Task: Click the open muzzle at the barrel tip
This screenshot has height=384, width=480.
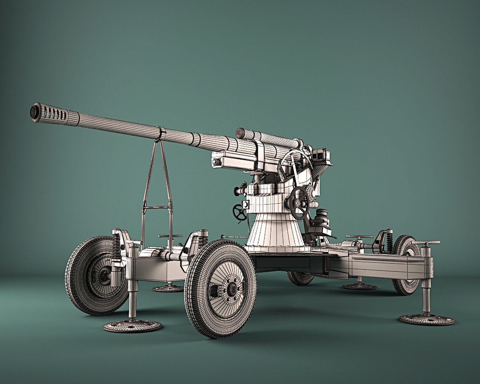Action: (x=35, y=112)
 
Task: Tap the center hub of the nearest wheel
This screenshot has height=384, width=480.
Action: (x=231, y=289)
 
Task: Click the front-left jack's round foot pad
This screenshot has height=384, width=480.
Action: (x=132, y=326)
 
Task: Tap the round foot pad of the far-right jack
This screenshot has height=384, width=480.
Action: (x=427, y=319)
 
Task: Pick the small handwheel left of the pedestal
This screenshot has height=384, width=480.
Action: (x=240, y=213)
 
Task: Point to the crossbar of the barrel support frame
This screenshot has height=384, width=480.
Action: (x=157, y=207)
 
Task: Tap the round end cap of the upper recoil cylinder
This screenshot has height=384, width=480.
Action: (x=241, y=133)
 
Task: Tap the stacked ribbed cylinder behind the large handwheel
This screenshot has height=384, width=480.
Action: (x=322, y=217)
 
